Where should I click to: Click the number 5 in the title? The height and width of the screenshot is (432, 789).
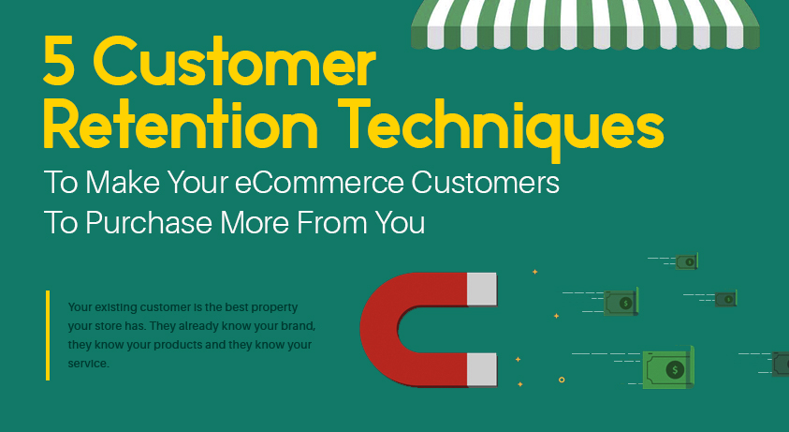pos(56,61)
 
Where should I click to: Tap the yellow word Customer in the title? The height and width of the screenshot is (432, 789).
pos(235,62)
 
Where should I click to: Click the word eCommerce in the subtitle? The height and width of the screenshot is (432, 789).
pos(319,183)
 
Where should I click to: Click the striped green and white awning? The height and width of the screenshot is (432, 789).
pos(585,24)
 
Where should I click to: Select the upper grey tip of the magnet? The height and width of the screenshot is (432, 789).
pos(482,290)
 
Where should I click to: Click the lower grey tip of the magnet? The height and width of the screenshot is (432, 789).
pos(482,369)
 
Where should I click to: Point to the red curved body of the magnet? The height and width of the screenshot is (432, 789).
pos(384,330)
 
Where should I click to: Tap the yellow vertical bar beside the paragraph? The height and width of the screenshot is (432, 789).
pos(48,335)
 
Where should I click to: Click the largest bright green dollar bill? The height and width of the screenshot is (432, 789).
pos(668,368)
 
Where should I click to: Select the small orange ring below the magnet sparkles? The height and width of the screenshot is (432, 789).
pos(562,380)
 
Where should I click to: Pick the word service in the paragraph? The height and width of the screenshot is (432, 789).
pos(89,364)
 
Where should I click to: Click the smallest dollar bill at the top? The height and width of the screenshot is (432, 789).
pos(686,261)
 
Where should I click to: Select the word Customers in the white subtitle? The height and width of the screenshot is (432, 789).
pos(485,183)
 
